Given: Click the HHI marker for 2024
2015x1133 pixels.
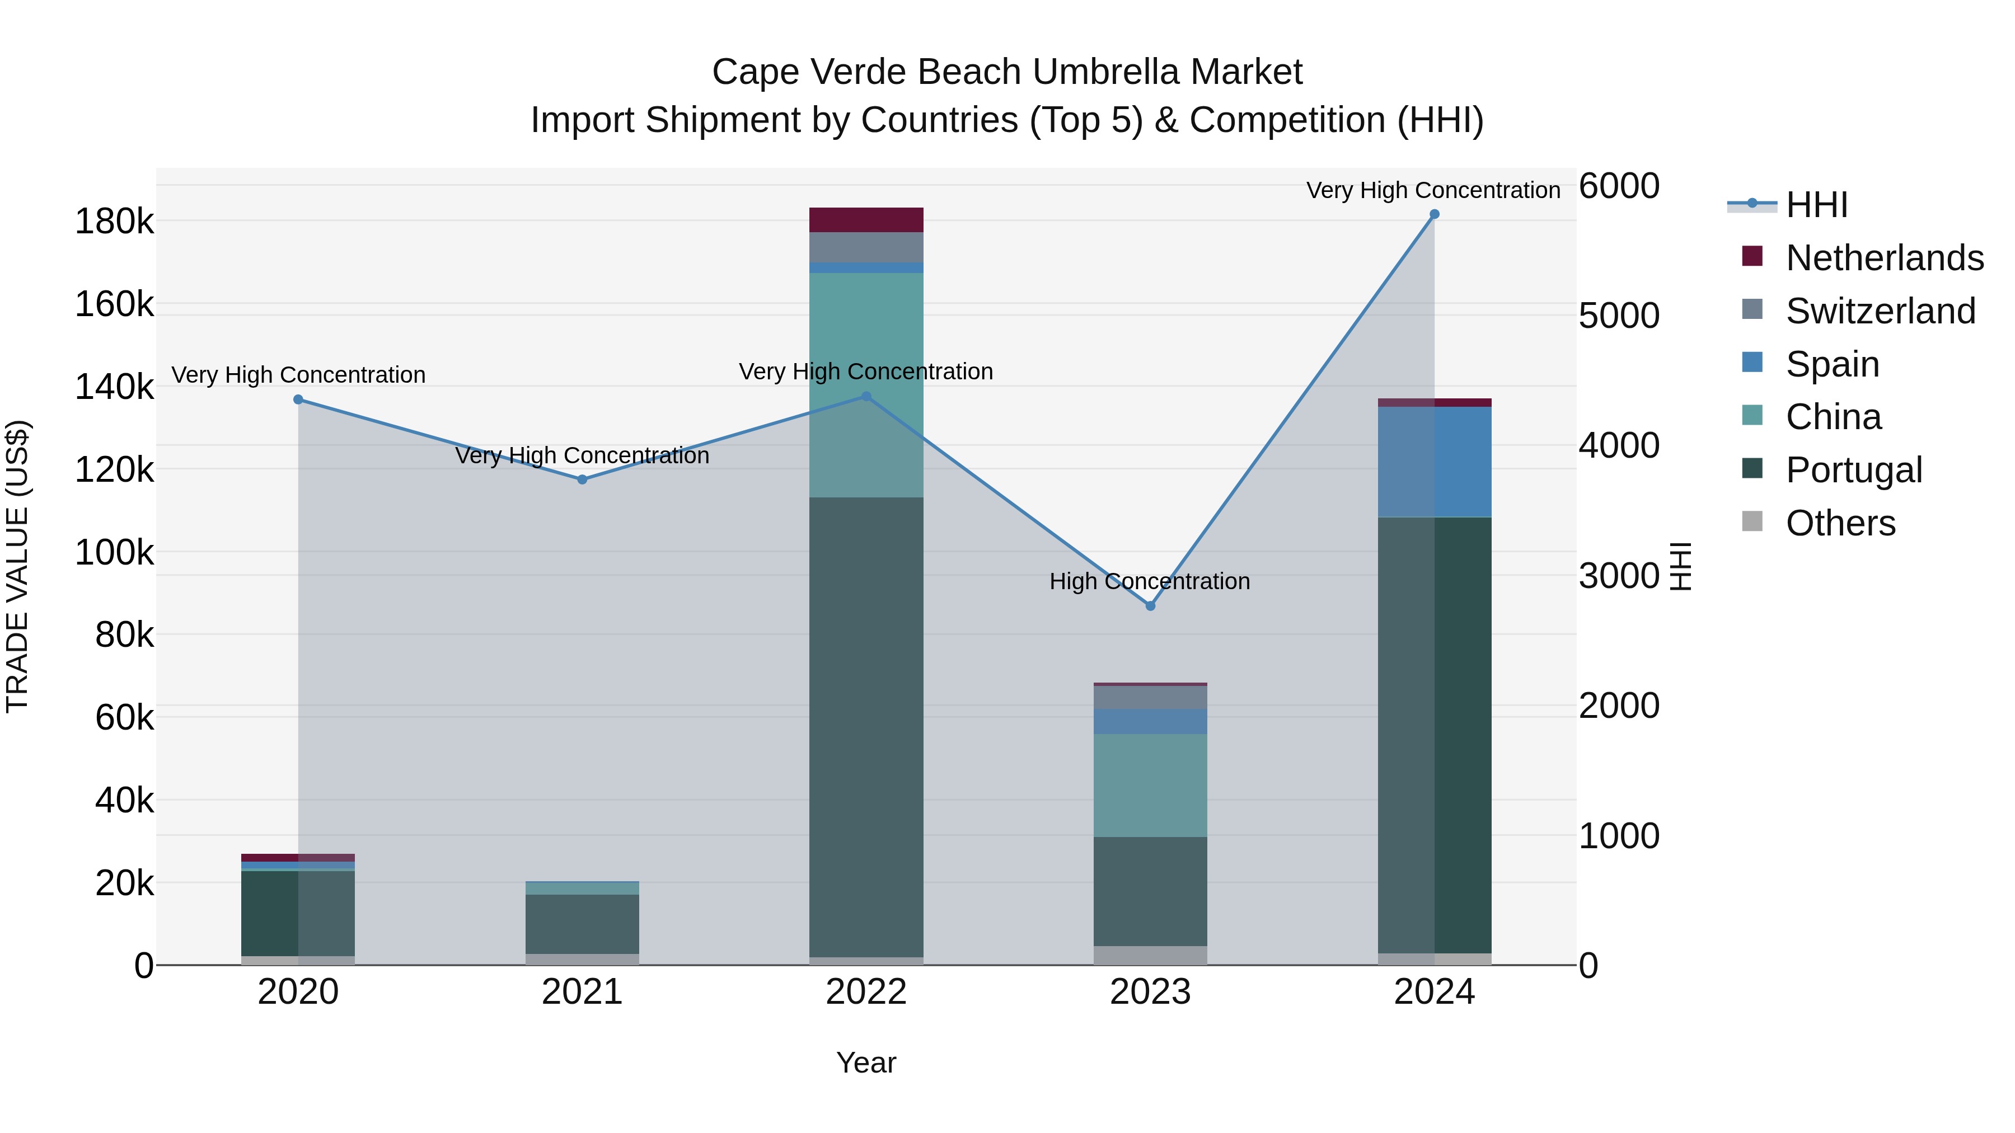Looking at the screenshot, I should pyautogui.click(x=1434, y=214).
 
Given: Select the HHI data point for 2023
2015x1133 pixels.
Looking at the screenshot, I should pyautogui.click(x=1150, y=606).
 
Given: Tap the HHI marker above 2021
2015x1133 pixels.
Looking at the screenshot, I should pyautogui.click(x=582, y=479).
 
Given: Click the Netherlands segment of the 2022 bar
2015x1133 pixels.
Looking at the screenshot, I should pyautogui.click(x=866, y=220).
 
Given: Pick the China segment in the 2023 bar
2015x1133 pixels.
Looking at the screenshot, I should pyautogui.click(x=1150, y=785).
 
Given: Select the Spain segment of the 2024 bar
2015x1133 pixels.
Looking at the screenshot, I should pyautogui.click(x=1435, y=462).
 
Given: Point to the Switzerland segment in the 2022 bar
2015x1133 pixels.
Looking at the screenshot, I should pyautogui.click(x=866, y=247).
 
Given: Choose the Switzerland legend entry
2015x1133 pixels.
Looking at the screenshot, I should pyautogui.click(x=1881, y=311).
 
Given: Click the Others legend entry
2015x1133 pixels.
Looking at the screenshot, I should pyautogui.click(x=1840, y=523).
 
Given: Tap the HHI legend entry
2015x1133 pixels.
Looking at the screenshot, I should pyautogui.click(x=1816, y=205).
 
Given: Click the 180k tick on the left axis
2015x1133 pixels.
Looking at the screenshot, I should pyautogui.click(x=114, y=222).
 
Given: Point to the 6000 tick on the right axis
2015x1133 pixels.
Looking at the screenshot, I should pyautogui.click(x=1618, y=186).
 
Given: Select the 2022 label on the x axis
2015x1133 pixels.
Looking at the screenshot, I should pyautogui.click(x=866, y=992).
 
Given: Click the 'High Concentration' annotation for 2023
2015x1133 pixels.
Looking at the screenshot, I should pyautogui.click(x=1149, y=582).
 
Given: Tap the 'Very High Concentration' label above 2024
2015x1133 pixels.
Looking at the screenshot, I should pyautogui.click(x=1433, y=190).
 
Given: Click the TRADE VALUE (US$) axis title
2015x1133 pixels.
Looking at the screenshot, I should pyautogui.click(x=17, y=566).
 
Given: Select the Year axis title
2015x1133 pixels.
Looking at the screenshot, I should pyautogui.click(x=866, y=1063).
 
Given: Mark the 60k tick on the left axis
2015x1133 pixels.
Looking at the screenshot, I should pyautogui.click(x=124, y=718).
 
